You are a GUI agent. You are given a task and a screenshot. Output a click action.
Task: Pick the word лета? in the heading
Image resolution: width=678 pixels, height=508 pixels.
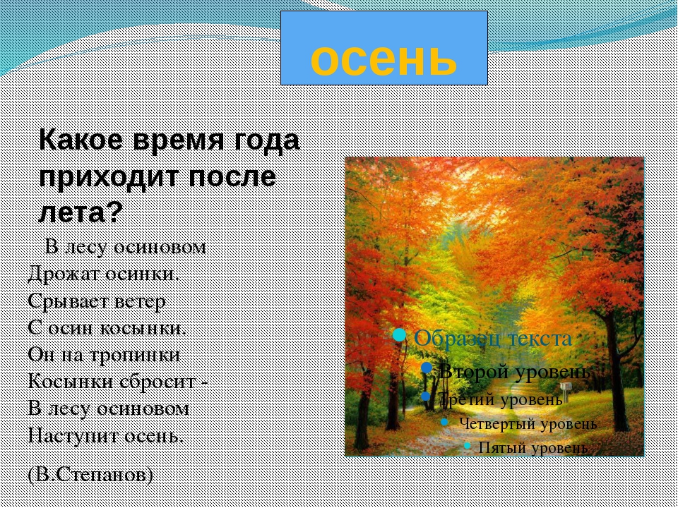[81, 211]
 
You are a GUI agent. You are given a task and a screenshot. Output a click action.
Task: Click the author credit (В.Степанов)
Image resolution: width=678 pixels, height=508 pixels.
[90, 475]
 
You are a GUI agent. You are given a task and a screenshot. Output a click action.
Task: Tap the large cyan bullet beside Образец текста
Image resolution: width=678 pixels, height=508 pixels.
[400, 334]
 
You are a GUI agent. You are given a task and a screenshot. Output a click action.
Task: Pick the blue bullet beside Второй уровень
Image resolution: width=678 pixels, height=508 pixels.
[427, 368]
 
